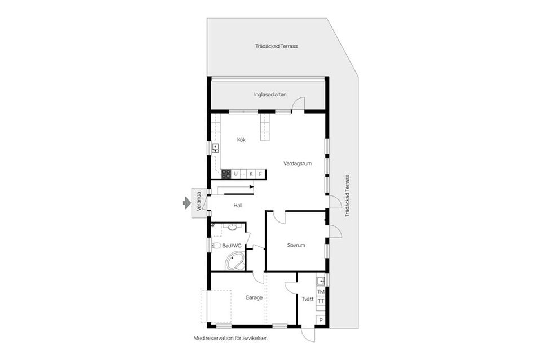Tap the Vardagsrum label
point(298,163)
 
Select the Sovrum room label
point(296,245)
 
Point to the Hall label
point(238,206)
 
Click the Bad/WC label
point(232,246)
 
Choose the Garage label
point(254,297)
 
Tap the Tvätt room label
point(307,299)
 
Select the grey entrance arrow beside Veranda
point(187,203)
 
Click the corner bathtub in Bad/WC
point(235,261)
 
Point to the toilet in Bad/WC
point(216,245)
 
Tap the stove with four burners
point(227,174)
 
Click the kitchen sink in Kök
point(215,148)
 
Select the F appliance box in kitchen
point(260,174)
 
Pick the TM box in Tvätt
point(321,291)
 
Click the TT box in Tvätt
point(321,301)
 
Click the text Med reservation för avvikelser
point(230,339)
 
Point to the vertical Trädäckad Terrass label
point(348,195)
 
